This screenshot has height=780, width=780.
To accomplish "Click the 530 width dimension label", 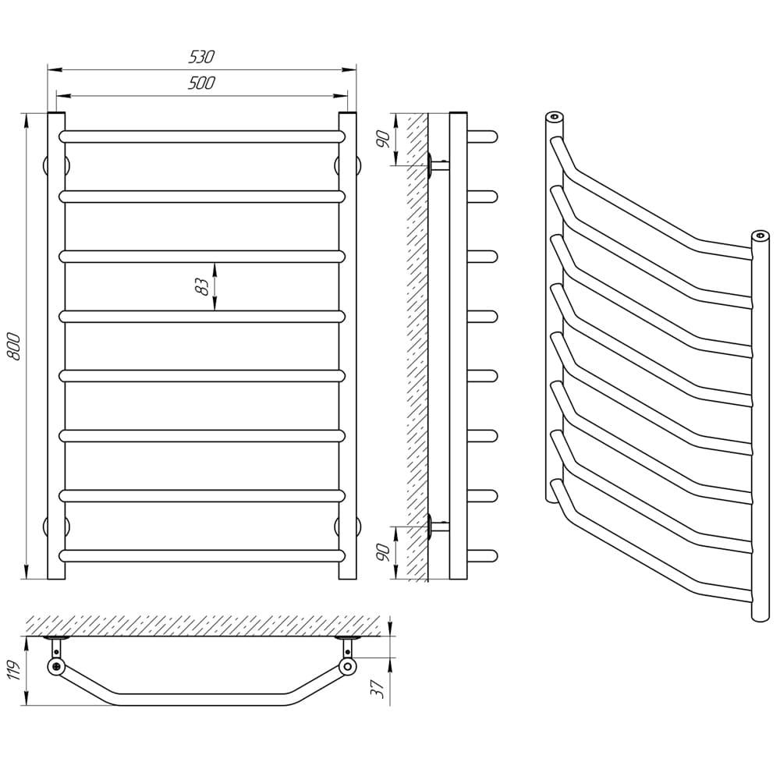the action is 201,57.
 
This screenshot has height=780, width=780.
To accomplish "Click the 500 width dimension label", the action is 201,83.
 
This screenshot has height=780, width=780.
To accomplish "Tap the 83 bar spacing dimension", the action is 202,287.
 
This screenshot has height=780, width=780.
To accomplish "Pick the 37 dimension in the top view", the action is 378,689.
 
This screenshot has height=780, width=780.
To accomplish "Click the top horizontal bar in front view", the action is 202,136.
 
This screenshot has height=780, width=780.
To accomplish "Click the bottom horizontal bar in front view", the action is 202,555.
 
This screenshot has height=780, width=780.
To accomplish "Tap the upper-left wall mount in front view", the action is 55,165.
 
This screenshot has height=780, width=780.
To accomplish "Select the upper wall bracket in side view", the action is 438,165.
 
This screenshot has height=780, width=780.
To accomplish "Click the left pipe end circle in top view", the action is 56,667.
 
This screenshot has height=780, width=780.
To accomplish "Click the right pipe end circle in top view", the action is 348,667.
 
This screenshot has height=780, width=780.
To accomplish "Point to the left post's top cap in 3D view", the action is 554,118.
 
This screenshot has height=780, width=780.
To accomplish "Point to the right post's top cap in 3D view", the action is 760,235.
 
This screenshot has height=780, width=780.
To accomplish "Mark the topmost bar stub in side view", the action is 483,136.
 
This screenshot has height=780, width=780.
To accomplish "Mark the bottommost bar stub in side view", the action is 483,555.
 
